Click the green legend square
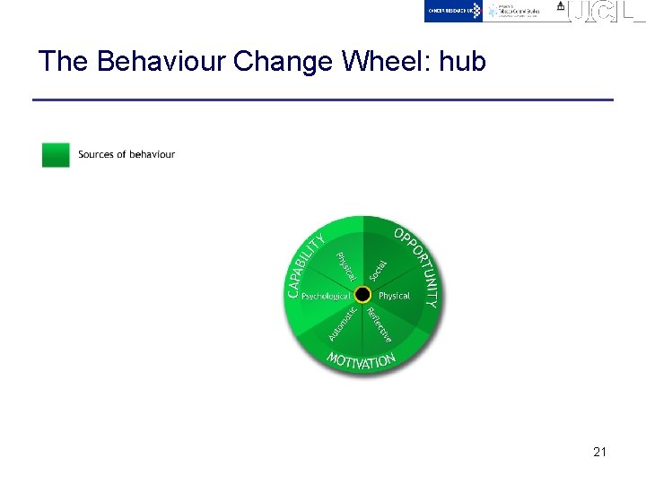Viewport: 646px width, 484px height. pos(56,155)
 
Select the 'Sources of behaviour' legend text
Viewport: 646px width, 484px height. pos(127,154)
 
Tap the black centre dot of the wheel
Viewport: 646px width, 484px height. pos(362,295)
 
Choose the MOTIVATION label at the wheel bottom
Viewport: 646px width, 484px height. pos(361,360)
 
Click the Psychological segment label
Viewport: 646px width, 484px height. pos(326,296)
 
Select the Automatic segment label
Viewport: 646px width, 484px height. pos(342,324)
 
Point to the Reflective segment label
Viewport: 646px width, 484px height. pos(380,324)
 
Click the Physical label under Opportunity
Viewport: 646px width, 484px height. pos(394,296)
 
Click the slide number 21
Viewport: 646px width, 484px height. pos(599,452)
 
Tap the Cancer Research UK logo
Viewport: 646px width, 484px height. pos(453,11)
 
